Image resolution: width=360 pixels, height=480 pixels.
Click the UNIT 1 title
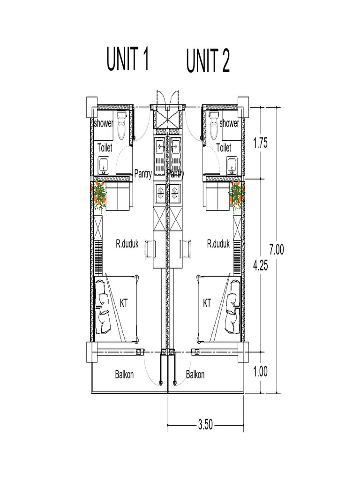pos(127,60)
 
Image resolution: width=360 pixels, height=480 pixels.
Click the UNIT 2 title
pos(208,62)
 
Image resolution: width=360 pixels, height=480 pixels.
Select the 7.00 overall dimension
pos(276,249)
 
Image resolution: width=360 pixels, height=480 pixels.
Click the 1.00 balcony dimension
pos(260,372)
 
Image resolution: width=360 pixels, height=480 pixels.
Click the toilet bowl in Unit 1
pos(122,127)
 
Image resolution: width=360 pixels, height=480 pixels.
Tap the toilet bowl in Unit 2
pos(214,127)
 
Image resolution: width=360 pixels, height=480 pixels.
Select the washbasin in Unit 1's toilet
pos(104,165)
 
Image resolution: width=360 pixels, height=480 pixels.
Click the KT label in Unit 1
pos(124,303)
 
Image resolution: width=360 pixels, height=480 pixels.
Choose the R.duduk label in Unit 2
pos(218,244)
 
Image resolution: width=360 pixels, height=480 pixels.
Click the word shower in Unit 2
pos(229,123)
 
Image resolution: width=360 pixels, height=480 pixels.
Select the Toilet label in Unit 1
pos(105,148)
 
